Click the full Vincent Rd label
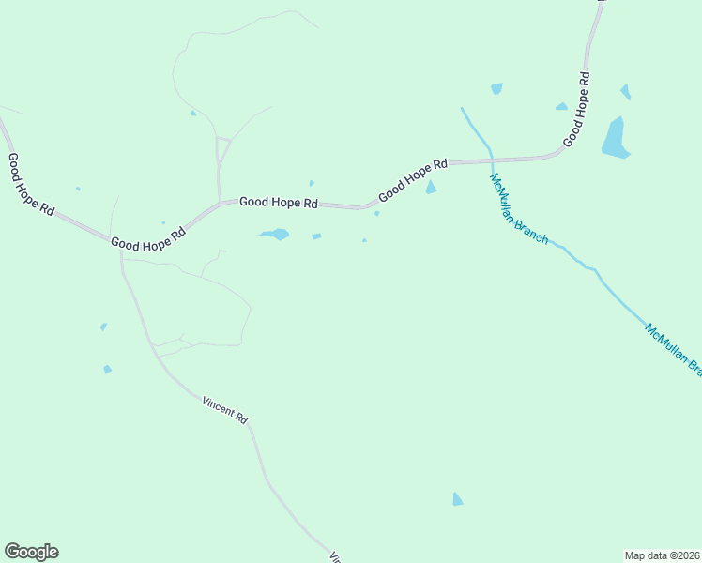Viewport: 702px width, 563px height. (x=224, y=409)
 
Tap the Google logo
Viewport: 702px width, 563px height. (x=31, y=552)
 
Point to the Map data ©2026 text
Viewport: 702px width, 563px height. (x=662, y=555)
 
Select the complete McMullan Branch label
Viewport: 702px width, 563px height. (x=518, y=208)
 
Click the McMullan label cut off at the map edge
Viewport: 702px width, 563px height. (x=674, y=348)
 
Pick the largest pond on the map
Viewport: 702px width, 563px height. (x=615, y=138)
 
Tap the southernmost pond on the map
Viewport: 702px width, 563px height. (x=457, y=499)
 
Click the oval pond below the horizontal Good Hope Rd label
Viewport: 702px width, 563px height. (x=274, y=234)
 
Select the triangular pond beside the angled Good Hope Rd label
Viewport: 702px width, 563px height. (x=431, y=188)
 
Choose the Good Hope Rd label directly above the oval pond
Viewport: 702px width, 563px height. (x=279, y=202)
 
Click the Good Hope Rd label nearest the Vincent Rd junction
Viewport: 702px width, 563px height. (x=148, y=239)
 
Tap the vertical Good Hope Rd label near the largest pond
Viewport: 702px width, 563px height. (x=576, y=109)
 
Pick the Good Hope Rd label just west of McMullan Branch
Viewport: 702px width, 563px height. (x=413, y=180)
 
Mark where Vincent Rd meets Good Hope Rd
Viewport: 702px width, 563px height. (x=121, y=249)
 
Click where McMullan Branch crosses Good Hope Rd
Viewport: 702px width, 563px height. (x=490, y=160)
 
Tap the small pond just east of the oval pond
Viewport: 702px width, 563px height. (x=316, y=236)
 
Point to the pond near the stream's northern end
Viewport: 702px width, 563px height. (x=496, y=88)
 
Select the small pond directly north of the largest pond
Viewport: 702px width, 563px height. (x=625, y=92)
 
